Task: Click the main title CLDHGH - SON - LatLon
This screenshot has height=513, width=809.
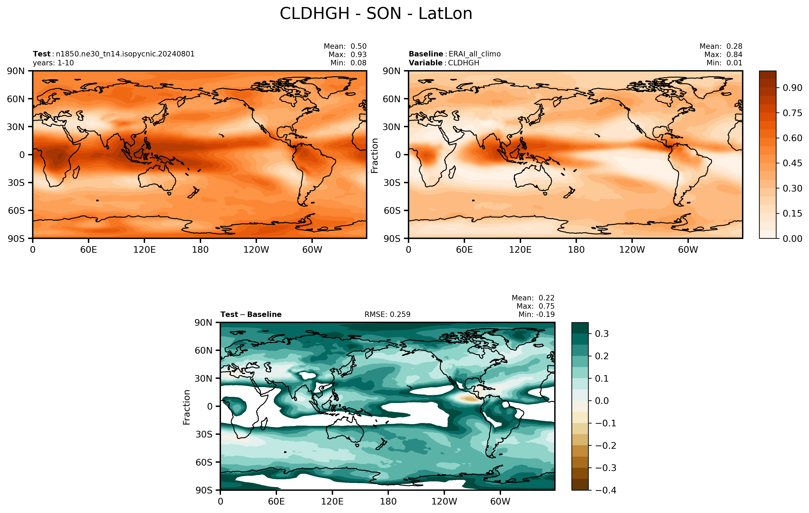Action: (x=376, y=14)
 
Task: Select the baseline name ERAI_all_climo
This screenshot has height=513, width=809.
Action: (x=474, y=54)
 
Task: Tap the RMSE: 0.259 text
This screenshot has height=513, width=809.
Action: (x=387, y=314)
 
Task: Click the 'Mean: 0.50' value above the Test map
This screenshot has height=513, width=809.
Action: (x=345, y=46)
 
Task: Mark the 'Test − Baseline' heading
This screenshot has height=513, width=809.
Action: (x=251, y=314)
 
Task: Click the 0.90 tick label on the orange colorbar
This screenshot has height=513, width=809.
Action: (x=792, y=88)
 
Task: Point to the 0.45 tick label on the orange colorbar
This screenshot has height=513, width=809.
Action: (x=792, y=163)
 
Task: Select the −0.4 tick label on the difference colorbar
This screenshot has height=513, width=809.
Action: (x=606, y=490)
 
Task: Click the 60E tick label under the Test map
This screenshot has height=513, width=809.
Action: (x=89, y=250)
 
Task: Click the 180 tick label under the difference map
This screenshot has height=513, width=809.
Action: (x=388, y=501)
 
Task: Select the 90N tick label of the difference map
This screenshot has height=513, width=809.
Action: (x=203, y=323)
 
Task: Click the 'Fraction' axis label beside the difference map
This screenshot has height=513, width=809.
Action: (x=186, y=407)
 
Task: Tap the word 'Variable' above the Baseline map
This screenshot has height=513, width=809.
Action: (x=425, y=63)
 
